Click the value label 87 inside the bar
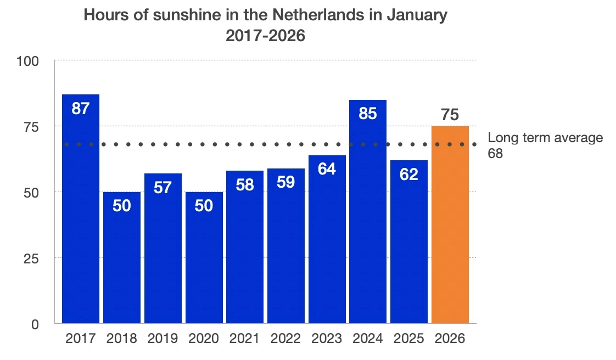click(x=81, y=109)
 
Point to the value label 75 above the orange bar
click(x=450, y=116)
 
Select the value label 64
click(x=327, y=169)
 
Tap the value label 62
click(x=409, y=174)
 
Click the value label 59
click(x=286, y=182)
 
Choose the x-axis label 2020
click(x=204, y=339)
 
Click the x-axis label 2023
click(x=327, y=339)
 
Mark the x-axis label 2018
click(x=122, y=339)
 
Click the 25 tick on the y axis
click(x=31, y=258)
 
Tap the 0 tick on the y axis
click(x=35, y=324)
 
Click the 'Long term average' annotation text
click(x=545, y=138)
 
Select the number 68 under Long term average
click(x=495, y=154)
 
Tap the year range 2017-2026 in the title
click(x=265, y=36)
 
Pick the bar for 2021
click(x=245, y=247)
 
